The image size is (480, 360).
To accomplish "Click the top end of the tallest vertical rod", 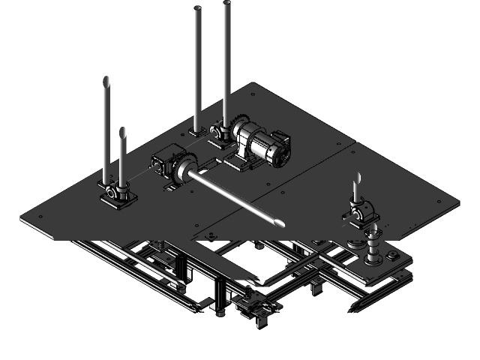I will tap(226, 4).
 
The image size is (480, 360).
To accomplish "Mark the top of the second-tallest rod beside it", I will tap(197, 10).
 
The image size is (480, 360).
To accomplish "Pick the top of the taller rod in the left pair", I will tap(106, 80).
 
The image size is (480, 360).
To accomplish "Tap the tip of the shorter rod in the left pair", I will tap(122, 132).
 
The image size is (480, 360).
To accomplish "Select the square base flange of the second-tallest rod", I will tap(197, 131).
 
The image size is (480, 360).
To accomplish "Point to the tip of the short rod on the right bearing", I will tap(358, 178).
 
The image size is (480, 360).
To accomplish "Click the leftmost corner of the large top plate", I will tap(22, 217).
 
